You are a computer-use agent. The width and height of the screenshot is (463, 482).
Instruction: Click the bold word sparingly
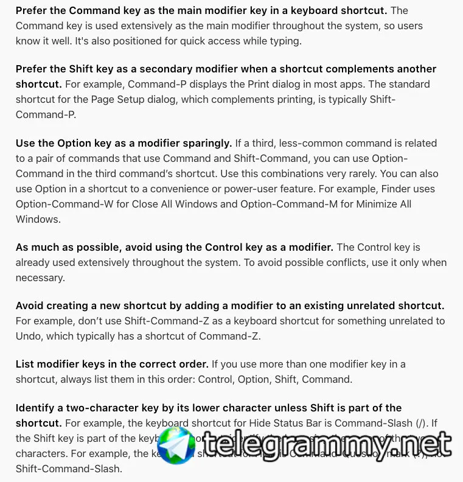pyautogui.click(x=203, y=143)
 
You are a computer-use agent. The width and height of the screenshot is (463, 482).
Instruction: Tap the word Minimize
pyautogui.click(x=371, y=204)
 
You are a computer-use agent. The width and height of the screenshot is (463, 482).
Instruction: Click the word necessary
pyautogui.click(x=40, y=278)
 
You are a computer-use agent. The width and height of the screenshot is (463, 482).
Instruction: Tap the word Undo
pyautogui.click(x=29, y=336)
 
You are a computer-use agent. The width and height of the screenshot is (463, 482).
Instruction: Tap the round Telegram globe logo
pyautogui.click(x=177, y=445)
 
